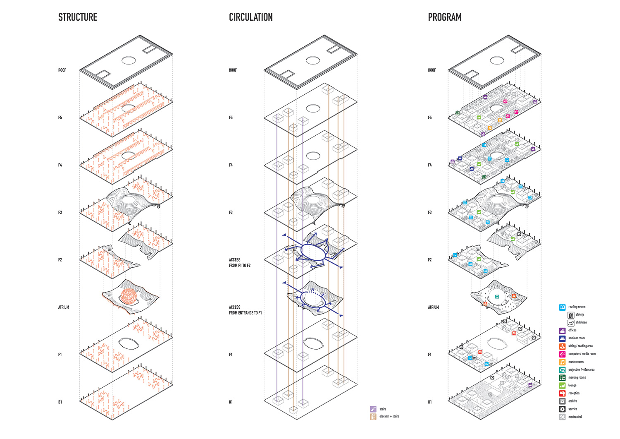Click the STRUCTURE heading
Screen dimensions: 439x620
78,17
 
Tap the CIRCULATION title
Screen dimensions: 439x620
250,17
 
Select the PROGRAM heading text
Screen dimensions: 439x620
444,17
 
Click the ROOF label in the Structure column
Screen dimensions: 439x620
62,70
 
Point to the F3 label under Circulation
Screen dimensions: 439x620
231,213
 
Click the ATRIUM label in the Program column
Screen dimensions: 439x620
433,307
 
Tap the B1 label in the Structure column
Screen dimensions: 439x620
60,402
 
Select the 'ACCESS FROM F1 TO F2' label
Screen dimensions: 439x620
239,263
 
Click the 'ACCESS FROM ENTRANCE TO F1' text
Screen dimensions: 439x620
245,310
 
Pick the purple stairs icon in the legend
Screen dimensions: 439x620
373,409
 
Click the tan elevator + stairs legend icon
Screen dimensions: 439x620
373,417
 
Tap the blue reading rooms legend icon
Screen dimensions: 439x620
562,307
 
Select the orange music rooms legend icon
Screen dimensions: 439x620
562,362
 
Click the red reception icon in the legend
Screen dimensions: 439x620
562,393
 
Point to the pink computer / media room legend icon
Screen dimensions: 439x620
562,354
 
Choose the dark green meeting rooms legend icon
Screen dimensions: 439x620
562,378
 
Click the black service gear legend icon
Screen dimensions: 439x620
562,409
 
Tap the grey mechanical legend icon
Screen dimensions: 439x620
562,417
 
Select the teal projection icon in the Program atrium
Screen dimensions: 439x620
497,296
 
